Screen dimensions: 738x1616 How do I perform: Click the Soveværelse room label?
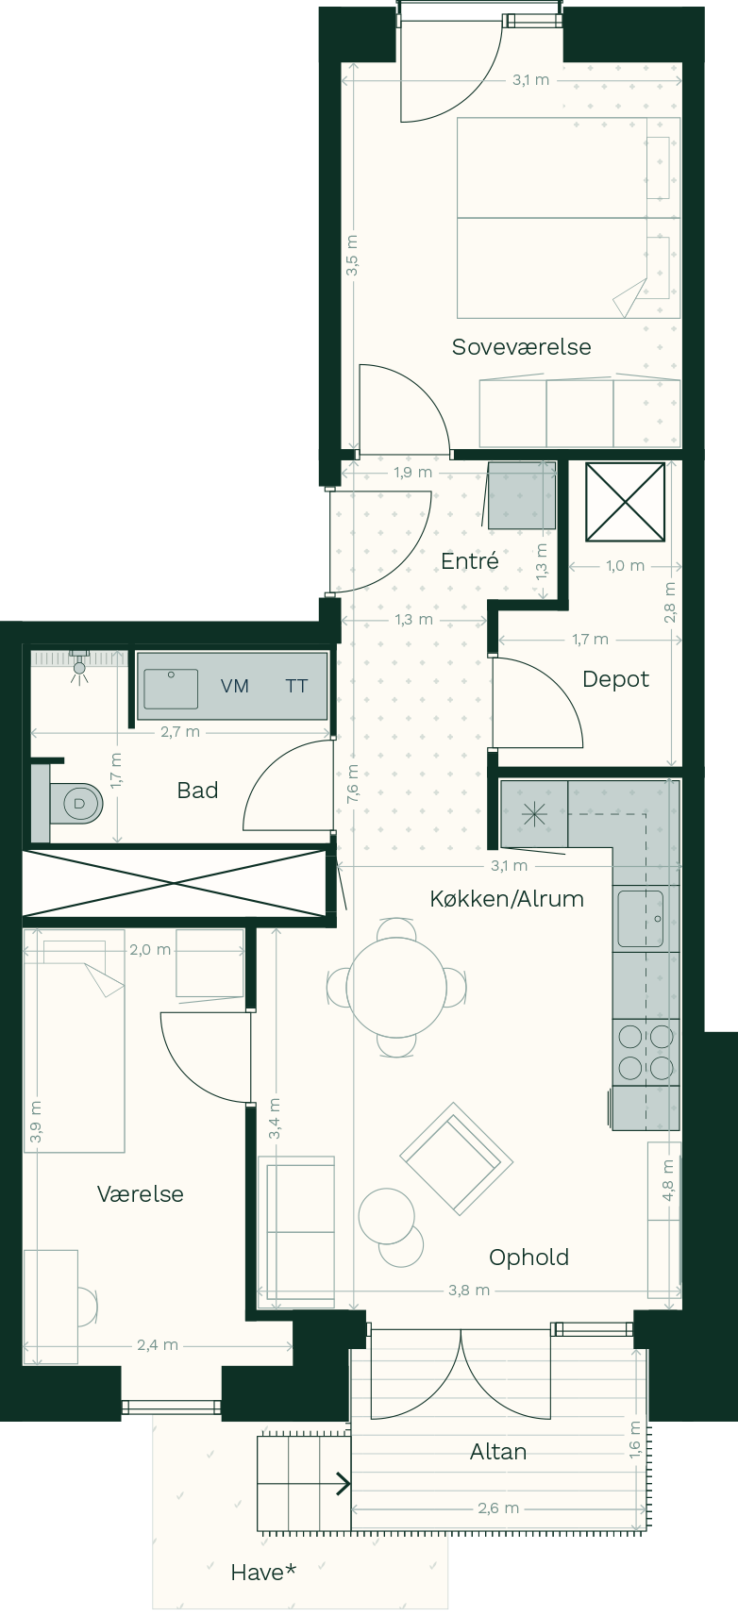[x=521, y=347]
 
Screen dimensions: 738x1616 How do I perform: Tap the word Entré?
[x=470, y=560]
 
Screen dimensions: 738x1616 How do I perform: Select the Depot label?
[x=615, y=679]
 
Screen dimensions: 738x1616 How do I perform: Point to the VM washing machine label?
[x=234, y=686]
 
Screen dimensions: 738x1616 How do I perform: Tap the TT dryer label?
[x=296, y=686]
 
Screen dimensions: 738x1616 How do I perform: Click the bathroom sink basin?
[x=171, y=689]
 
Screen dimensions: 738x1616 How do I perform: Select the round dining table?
[x=396, y=987]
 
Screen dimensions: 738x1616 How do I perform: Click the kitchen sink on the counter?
[x=641, y=919]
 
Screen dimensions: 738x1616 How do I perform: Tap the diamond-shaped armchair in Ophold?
[x=456, y=1158]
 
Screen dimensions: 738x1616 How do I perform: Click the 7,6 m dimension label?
[x=352, y=783]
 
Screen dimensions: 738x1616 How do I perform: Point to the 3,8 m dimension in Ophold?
[x=469, y=1290]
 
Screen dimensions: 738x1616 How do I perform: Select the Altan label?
[x=497, y=1452]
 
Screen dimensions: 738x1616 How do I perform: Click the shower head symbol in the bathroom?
[x=79, y=667]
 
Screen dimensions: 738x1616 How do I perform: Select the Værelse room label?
[x=140, y=1194]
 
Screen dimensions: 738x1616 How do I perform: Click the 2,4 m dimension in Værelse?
[x=158, y=1344]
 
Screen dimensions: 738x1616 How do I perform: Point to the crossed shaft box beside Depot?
[x=625, y=501]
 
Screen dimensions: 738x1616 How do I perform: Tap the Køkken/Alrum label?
[x=507, y=899]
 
